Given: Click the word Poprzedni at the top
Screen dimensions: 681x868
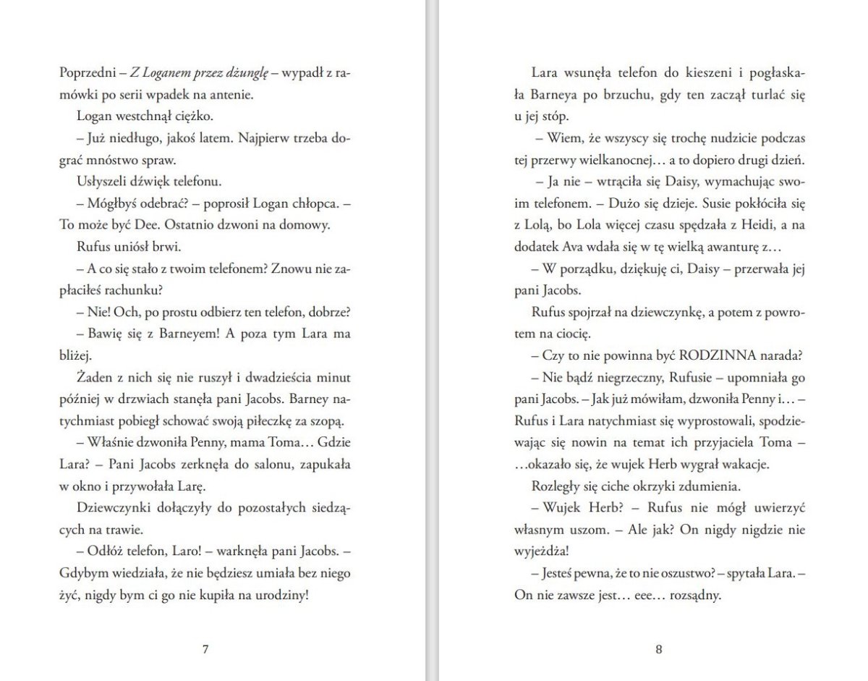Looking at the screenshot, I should coord(82,74).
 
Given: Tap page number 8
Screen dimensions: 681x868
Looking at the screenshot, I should coord(659,649).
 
